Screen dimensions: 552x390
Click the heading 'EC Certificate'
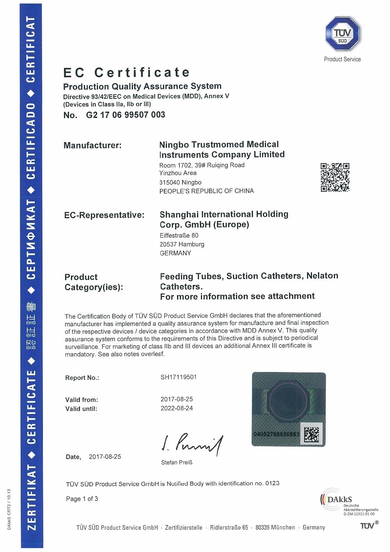pyautogui.click(x=127, y=73)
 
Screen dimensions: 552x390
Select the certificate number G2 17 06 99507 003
pyautogui.click(x=125, y=115)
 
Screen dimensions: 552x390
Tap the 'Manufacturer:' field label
pyautogui.click(x=92, y=146)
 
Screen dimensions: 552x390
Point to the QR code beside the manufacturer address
pyautogui.click(x=335, y=177)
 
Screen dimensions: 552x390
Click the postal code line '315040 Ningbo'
pyautogui.click(x=180, y=182)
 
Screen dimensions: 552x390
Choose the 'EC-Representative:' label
pyautogui.click(x=104, y=215)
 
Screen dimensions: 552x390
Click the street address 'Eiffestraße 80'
pyautogui.click(x=179, y=235)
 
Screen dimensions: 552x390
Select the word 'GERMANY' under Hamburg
pyautogui.click(x=175, y=253)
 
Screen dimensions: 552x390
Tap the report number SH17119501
pyautogui.click(x=179, y=377)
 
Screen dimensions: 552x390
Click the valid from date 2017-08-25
pyautogui.click(x=177, y=399)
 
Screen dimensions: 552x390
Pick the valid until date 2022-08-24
pyautogui.click(x=177, y=408)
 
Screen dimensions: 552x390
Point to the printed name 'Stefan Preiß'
pyautogui.click(x=177, y=462)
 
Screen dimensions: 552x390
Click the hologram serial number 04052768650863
pyautogui.click(x=277, y=434)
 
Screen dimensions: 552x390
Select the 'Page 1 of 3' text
pyautogui.click(x=82, y=499)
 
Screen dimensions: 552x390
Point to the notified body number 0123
pyautogui.click(x=272, y=483)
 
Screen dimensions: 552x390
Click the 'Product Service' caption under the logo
pyautogui.click(x=342, y=59)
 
